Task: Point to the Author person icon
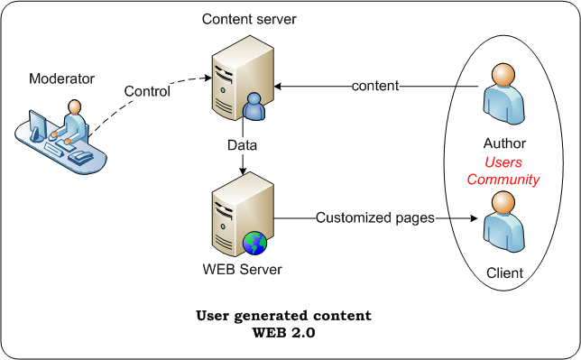tap(503, 96)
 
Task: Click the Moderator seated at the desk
tap(72, 122)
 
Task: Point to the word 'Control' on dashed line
tap(148, 91)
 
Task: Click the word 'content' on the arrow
tap(375, 87)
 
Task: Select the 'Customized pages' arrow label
tap(374, 217)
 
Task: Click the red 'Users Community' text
tap(503, 171)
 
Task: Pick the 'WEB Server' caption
tap(242, 270)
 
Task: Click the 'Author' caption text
tap(504, 143)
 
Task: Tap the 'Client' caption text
tap(504, 272)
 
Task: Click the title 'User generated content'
tap(284, 317)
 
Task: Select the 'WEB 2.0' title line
tap(284, 333)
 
